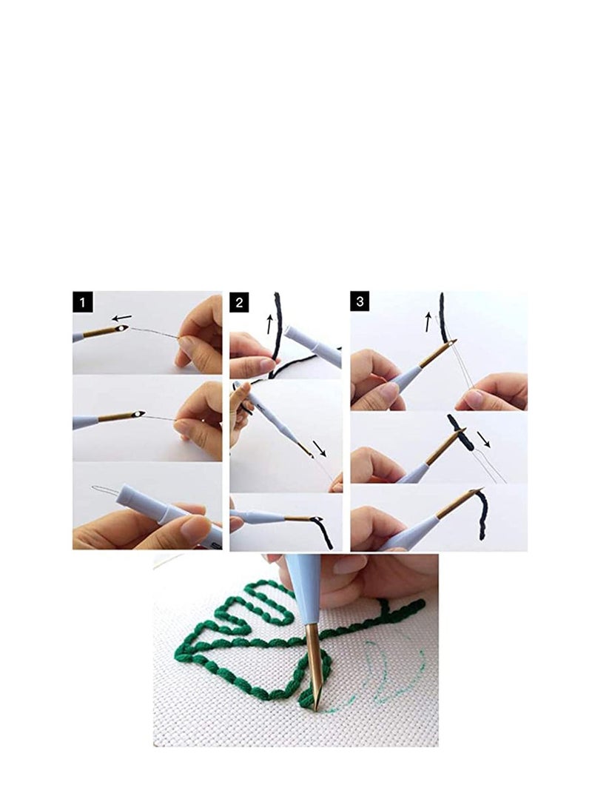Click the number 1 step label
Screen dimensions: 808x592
(x=83, y=302)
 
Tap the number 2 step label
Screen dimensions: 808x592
(x=240, y=302)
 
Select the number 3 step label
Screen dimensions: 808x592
(x=360, y=302)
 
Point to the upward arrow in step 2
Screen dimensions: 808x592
(x=269, y=323)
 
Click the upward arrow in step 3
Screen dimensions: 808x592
(x=428, y=321)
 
